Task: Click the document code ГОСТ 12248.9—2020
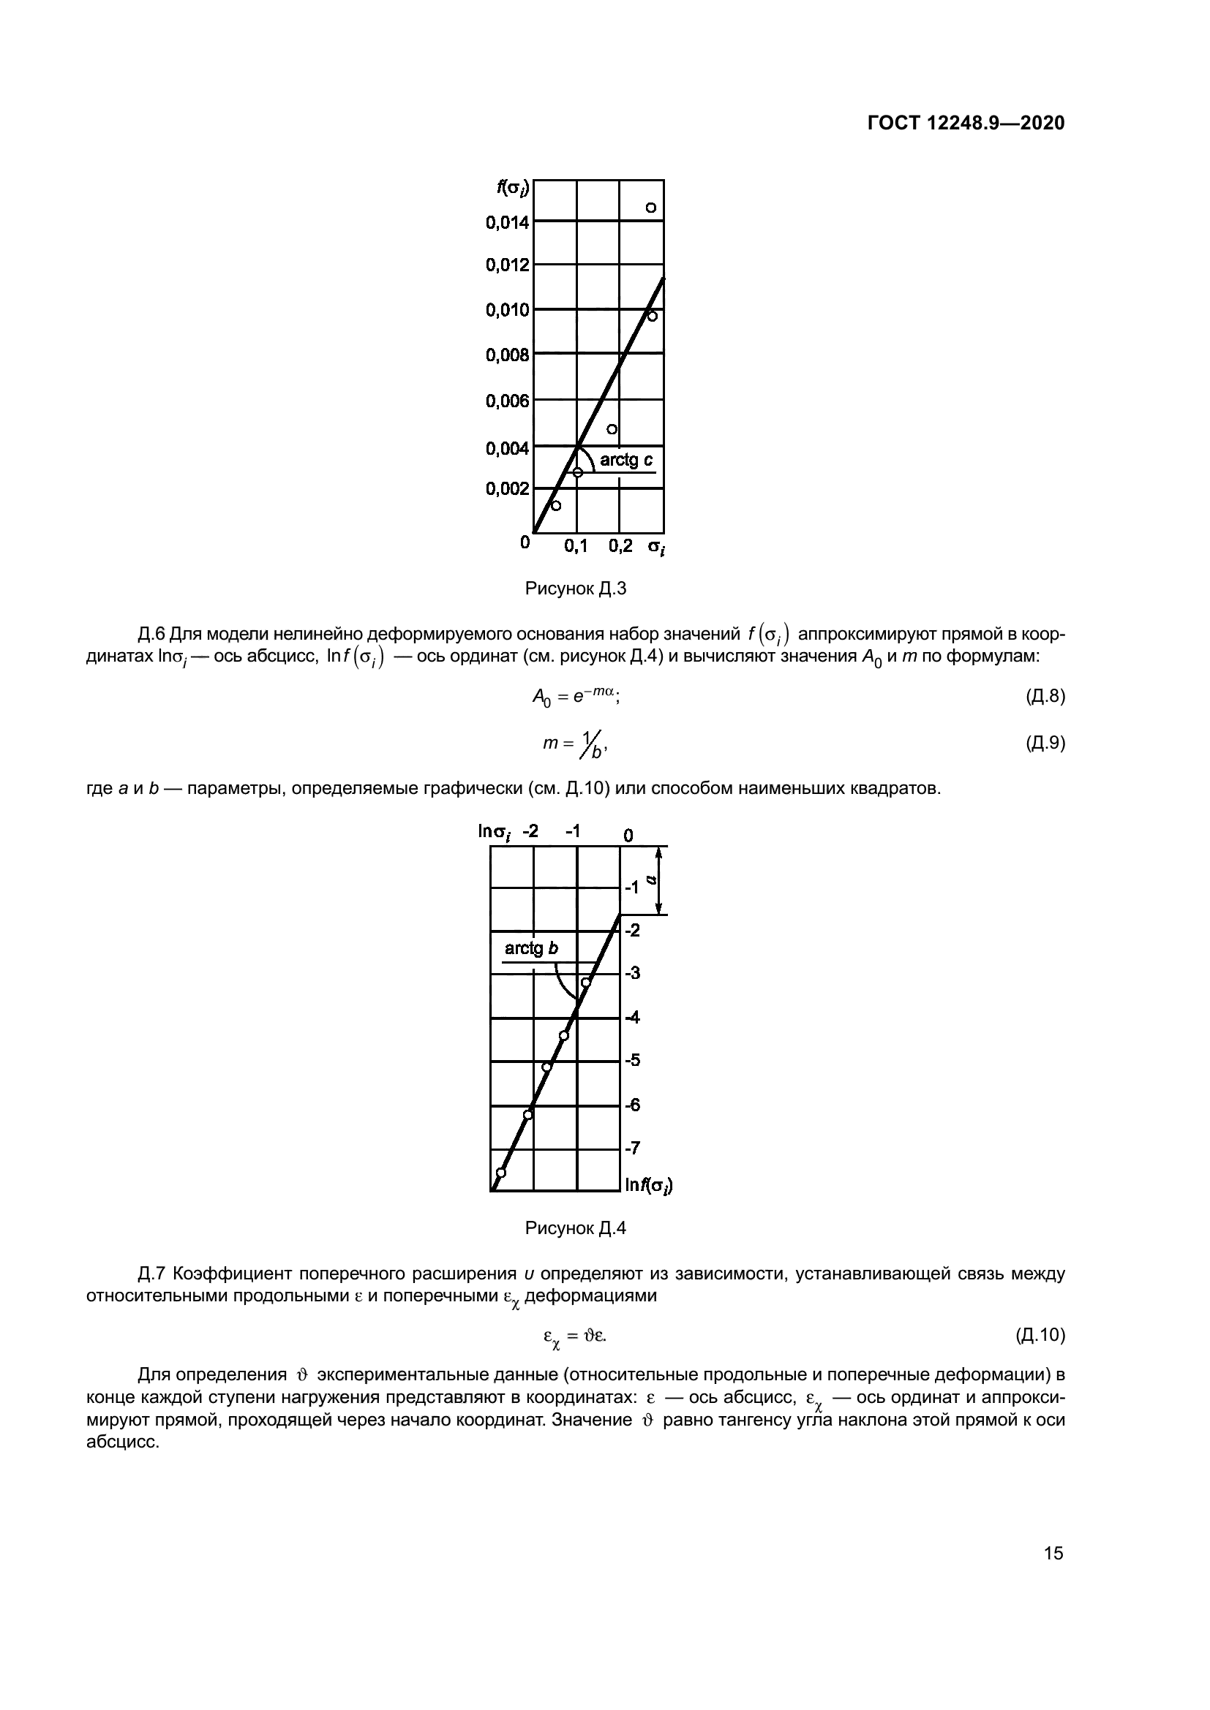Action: coord(966,124)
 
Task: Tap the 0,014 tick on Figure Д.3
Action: coord(508,222)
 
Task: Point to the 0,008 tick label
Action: coord(508,355)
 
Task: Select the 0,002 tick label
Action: coord(508,488)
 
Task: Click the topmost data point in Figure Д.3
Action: coord(650,207)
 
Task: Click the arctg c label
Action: coord(627,461)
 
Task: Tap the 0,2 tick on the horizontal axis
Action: coord(620,547)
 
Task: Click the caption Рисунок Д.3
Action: coord(575,589)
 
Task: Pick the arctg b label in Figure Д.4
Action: coord(531,949)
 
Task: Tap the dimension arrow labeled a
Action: coord(657,879)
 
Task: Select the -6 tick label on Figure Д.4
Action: coord(632,1105)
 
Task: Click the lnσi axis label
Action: coord(495,832)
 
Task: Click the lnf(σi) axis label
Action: coord(647,1185)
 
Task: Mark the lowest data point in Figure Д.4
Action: coord(500,1172)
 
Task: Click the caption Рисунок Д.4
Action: coord(575,1229)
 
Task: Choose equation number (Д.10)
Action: coord(1040,1336)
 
